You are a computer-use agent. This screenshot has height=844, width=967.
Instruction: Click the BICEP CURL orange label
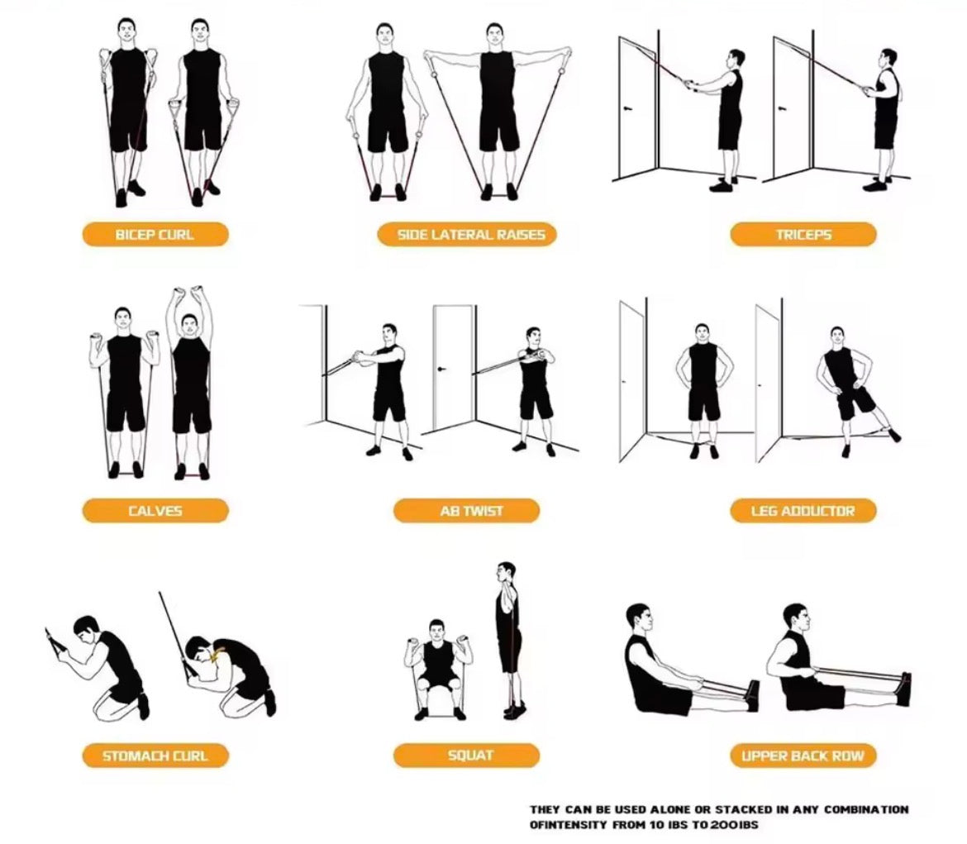pyautogui.click(x=155, y=235)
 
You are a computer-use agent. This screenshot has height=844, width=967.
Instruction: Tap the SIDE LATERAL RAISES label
pyautogui.click(x=470, y=235)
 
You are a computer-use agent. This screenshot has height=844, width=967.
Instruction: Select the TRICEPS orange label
pyautogui.click(x=803, y=235)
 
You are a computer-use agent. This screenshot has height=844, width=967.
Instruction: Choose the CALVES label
pyautogui.click(x=155, y=511)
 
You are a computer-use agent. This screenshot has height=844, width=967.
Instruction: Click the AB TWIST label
pyautogui.click(x=470, y=511)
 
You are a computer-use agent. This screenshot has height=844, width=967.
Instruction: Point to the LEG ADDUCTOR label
pyautogui.click(x=803, y=511)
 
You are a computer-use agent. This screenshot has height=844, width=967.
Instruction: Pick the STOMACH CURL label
pyautogui.click(x=155, y=756)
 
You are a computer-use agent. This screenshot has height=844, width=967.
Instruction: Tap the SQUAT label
pyautogui.click(x=470, y=755)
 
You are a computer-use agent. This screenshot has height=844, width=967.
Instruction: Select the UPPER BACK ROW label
pyautogui.click(x=803, y=756)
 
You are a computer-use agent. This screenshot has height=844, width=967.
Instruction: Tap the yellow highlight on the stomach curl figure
pyautogui.click(x=219, y=657)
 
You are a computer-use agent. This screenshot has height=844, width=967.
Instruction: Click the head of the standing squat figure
pyautogui.click(x=507, y=573)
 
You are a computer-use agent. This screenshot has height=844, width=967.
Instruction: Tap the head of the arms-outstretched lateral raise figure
pyautogui.click(x=495, y=35)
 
